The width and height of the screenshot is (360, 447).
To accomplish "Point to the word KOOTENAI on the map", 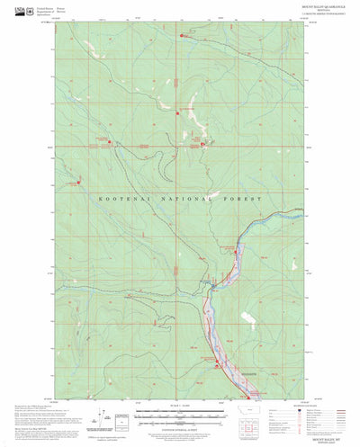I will coord(121,195).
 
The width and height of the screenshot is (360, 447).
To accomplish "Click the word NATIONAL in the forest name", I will coord(184,195).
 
